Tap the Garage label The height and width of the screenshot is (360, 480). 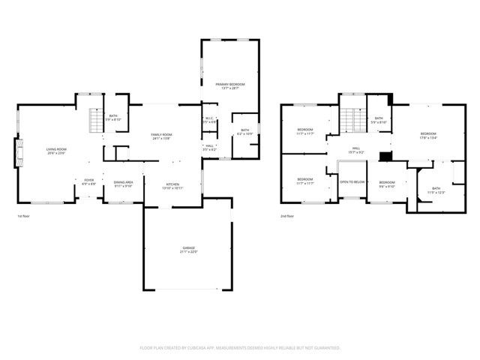click(187, 249)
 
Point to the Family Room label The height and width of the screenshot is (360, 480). click(161, 136)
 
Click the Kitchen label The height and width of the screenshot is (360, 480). click(172, 184)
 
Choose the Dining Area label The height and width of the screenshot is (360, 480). click(123, 184)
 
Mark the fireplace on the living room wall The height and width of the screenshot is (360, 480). click(18, 153)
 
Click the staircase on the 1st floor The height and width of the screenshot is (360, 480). click(94, 120)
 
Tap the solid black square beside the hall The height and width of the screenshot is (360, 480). click(385, 156)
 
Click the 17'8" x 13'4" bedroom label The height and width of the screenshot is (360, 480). click(427, 136)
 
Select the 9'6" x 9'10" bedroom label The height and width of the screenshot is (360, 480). click(387, 184)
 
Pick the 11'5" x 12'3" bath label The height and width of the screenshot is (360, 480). click(436, 190)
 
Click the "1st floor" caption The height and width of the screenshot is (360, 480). click(24, 216)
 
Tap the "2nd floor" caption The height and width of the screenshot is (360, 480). click(287, 216)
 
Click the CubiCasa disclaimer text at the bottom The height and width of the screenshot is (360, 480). click(240, 348)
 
